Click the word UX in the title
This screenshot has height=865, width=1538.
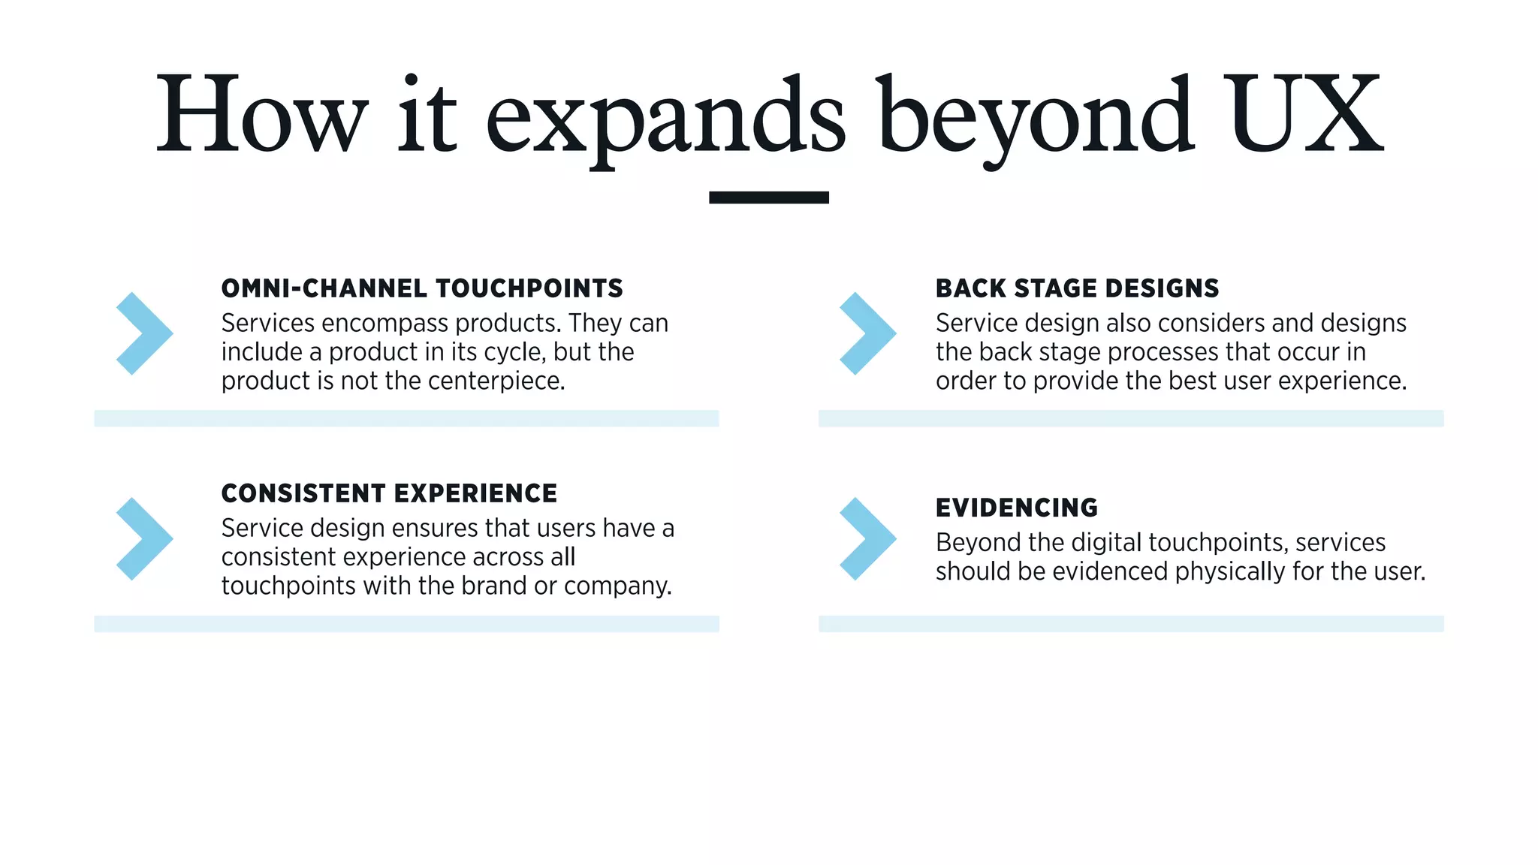1305,114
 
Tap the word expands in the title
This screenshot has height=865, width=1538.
665,120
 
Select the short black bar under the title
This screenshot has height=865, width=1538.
768,197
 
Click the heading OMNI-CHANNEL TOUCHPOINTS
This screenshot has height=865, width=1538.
422,288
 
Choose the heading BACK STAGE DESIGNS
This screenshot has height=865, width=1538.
1077,288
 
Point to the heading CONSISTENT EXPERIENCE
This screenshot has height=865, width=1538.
389,493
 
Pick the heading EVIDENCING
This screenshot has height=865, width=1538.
1016,508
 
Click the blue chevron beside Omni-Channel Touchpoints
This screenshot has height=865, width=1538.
144,333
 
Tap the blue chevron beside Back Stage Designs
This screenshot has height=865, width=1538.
867,333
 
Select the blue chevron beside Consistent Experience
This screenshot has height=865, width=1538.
144,538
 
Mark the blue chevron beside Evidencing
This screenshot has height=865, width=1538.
867,538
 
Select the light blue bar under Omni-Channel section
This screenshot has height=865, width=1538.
406,418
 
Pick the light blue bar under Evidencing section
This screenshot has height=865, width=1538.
1131,623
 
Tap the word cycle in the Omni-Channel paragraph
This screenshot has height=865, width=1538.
510,353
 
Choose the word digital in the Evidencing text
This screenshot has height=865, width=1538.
1111,543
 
